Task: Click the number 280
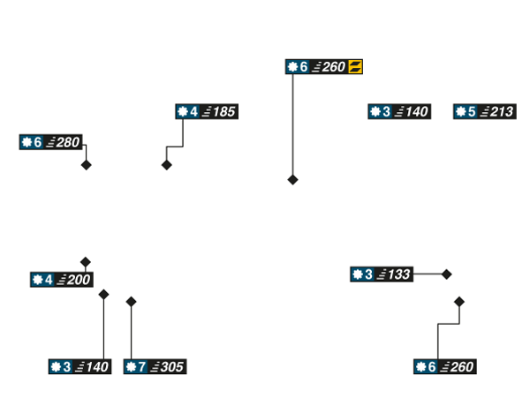tap(68, 142)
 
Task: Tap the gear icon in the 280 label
tap(26, 142)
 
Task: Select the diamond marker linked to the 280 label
tap(86, 165)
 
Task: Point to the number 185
tap(224, 112)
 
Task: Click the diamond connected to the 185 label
tap(166, 164)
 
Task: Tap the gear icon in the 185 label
tap(183, 112)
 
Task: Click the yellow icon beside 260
tap(355, 66)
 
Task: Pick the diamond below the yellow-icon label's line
tap(292, 179)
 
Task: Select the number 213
tap(502, 112)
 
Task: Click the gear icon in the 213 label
tap(461, 112)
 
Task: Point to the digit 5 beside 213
tap(472, 112)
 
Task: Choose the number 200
tap(79, 280)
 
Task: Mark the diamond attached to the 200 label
tap(86, 262)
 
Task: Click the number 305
tap(173, 366)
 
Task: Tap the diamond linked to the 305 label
tap(132, 302)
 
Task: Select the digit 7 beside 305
tap(142, 366)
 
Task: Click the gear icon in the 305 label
tap(132, 366)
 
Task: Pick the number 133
tap(399, 274)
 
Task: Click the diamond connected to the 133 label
tap(447, 274)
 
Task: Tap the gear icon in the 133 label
tap(358, 274)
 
